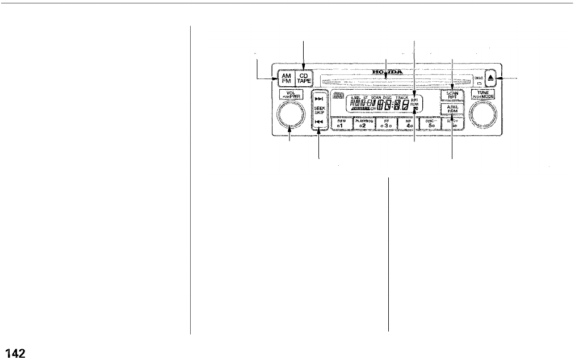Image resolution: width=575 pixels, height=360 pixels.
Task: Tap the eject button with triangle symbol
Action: tap(492, 78)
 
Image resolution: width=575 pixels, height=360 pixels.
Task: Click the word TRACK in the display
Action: tap(401, 98)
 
